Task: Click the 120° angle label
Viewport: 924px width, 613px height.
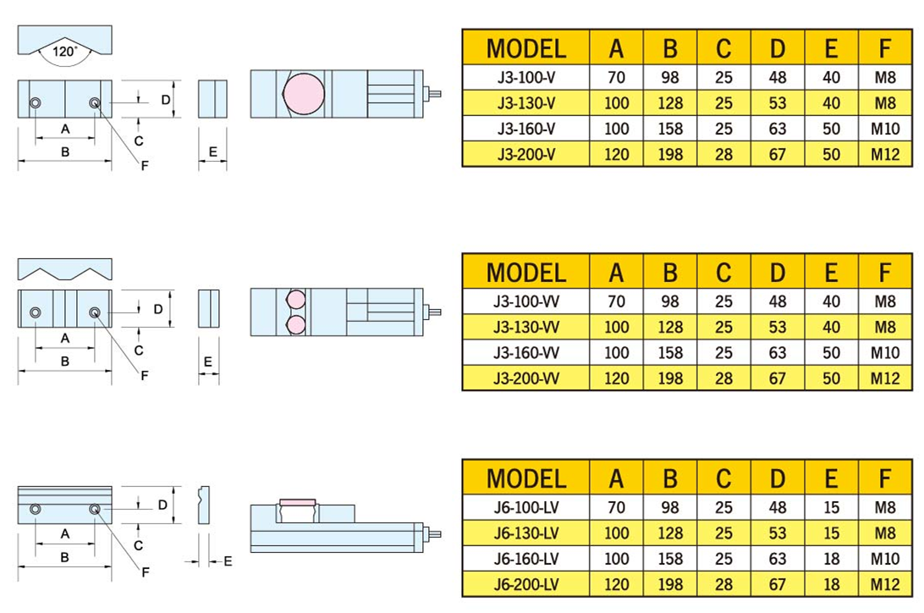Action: pos(64,52)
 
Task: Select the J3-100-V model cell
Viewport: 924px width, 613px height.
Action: pos(525,78)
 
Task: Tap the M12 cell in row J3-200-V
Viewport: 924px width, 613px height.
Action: pos(885,154)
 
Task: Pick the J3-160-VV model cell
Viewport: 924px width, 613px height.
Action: pos(525,352)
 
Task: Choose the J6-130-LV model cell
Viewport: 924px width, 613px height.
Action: pos(525,533)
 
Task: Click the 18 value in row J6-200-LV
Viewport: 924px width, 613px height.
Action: pos(831,584)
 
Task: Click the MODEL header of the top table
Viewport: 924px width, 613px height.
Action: pos(525,48)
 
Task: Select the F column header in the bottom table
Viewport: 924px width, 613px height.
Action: pos(885,478)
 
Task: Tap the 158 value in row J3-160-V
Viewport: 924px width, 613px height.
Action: pos(669,129)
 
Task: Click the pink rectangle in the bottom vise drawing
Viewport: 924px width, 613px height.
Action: pos(297,502)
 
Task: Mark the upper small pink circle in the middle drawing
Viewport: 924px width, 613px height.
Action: pos(297,300)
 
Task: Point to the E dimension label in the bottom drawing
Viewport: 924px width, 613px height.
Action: pos(228,561)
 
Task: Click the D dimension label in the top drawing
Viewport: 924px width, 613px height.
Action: pos(166,100)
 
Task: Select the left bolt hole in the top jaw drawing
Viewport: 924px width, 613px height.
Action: pos(36,103)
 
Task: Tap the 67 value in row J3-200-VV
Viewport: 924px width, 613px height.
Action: pos(777,378)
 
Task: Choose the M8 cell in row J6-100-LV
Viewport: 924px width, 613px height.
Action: pos(885,508)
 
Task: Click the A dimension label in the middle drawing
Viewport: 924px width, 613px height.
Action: pos(65,338)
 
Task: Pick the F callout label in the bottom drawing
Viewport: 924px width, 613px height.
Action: pos(145,572)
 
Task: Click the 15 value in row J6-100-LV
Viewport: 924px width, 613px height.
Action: pos(831,508)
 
